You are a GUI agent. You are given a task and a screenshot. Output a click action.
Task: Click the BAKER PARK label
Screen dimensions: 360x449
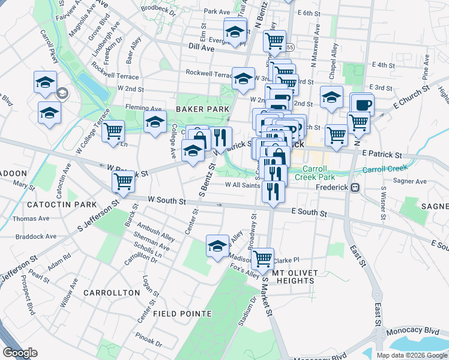(202, 109)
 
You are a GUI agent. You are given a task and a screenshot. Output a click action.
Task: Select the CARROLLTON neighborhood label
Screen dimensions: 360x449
(112, 293)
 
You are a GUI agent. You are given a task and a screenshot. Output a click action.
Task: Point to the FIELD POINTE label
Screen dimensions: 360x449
(182, 314)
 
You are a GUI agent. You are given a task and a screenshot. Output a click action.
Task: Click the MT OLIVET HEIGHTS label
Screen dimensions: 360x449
(294, 277)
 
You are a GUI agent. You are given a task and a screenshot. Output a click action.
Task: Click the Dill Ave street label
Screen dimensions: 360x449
(201, 46)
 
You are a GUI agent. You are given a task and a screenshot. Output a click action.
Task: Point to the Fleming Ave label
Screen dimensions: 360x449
(140, 107)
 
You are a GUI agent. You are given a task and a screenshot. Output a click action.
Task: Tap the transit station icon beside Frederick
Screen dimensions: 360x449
(355, 187)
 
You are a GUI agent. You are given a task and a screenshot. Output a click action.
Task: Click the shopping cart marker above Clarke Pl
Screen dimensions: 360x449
(262, 259)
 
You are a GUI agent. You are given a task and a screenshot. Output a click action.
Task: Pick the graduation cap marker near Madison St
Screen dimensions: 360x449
(217, 245)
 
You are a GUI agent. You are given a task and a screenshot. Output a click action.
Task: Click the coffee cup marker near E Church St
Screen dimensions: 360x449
(362, 104)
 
